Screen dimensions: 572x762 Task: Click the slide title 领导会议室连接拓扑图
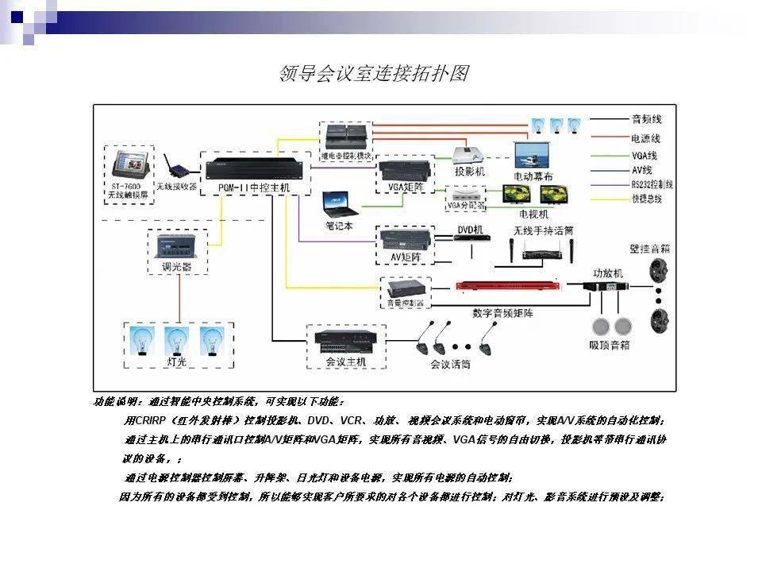tap(373, 74)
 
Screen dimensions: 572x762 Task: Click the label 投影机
tap(470, 172)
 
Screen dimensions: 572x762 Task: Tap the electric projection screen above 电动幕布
tap(533, 153)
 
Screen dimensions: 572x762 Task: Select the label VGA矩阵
tap(404, 188)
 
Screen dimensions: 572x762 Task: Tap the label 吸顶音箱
tap(610, 346)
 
